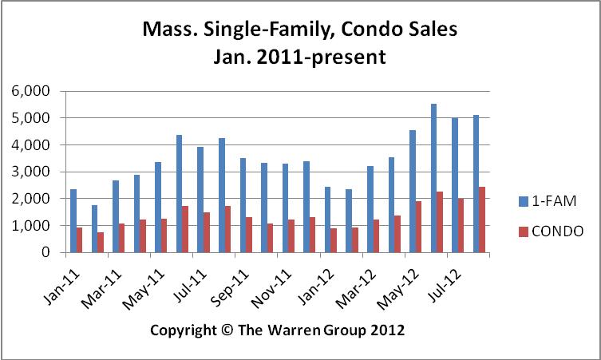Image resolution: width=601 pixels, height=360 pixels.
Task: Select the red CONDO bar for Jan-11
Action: click(79, 240)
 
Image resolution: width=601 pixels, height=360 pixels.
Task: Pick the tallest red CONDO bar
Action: click(482, 220)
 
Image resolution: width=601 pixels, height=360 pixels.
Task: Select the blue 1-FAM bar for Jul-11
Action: click(200, 200)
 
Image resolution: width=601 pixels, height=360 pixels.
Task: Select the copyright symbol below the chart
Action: click(226, 330)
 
